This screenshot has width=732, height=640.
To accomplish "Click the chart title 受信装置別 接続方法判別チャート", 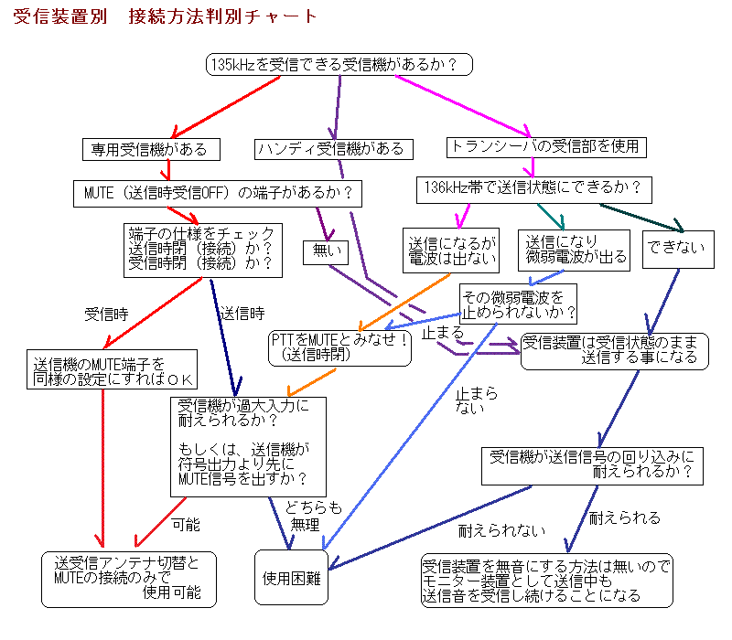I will (x=166, y=16).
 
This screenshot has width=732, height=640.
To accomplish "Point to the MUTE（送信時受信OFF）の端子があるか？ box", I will (x=217, y=193).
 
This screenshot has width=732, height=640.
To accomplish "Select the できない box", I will (x=677, y=248).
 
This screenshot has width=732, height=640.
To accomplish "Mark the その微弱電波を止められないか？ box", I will (x=519, y=304).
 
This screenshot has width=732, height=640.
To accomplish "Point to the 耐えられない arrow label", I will (x=501, y=529).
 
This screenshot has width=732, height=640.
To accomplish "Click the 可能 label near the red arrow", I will (x=185, y=525).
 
